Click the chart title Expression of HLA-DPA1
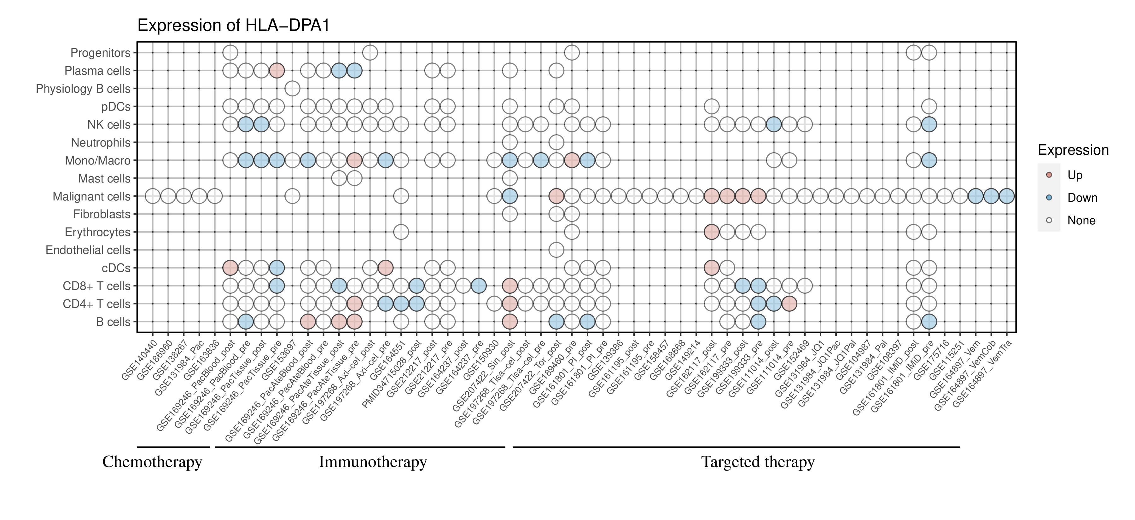[234, 26]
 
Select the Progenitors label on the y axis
[101, 53]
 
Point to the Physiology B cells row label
[83, 89]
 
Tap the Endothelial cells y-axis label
[88, 250]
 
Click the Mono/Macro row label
[98, 160]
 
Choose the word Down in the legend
[1082, 198]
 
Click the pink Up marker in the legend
[1049, 175]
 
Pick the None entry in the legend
[1081, 221]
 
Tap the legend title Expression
[1073, 150]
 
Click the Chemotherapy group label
[152, 462]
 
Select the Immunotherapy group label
[373, 462]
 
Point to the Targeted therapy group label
[758, 462]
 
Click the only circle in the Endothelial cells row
[556, 250]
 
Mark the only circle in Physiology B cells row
[293, 89]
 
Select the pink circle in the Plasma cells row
[277, 71]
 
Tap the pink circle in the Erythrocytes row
[712, 232]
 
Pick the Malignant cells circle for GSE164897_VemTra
[1007, 196]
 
